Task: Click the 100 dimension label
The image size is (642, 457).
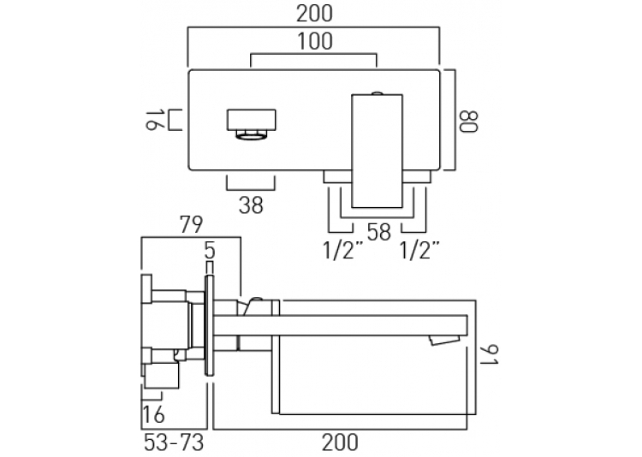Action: [314, 42]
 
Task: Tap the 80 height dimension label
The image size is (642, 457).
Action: [468, 122]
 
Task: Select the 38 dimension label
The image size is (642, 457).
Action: [251, 205]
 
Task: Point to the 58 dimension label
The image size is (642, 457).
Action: [379, 232]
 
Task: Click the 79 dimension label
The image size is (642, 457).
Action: [192, 225]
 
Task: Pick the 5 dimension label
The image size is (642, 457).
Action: [210, 251]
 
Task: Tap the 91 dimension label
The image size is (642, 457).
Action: [489, 355]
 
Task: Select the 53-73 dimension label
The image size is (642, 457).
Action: [174, 442]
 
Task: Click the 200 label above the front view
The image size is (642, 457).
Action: [314, 14]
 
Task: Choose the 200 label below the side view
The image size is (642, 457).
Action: [340, 442]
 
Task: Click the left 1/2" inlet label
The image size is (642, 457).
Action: [343, 250]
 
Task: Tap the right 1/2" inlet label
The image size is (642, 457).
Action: [419, 250]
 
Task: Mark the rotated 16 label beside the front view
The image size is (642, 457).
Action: [156, 120]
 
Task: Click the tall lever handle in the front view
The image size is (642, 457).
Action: [377, 151]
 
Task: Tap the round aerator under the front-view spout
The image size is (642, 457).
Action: [252, 135]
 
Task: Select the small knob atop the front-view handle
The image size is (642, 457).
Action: [377, 93]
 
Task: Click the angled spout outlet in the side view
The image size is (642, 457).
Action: [444, 340]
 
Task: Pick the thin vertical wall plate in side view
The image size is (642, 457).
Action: [209, 325]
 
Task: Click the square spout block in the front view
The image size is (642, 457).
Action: [252, 120]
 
